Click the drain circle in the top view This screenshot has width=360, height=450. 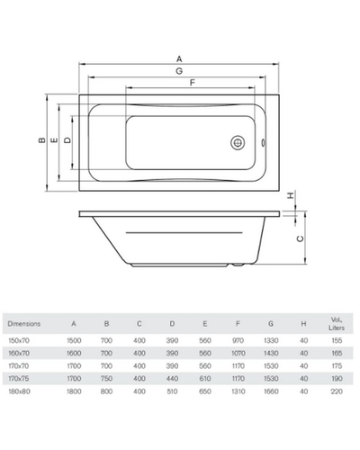click(238, 143)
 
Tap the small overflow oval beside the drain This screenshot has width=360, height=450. click(264, 143)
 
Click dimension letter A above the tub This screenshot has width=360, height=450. click(179, 58)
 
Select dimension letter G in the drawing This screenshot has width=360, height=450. click(179, 71)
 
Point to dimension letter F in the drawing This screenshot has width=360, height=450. click(193, 82)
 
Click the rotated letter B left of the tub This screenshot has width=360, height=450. click(42, 140)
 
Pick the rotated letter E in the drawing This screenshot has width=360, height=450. click(55, 140)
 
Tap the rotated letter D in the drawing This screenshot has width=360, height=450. click(68, 140)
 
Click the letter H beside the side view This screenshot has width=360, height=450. click(291, 195)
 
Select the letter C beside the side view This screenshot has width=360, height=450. click(300, 238)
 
